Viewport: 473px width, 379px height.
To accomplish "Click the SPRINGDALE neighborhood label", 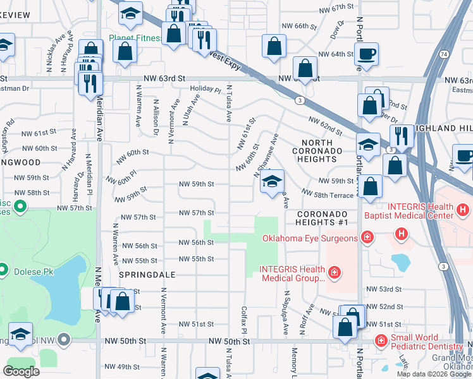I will click(146, 276).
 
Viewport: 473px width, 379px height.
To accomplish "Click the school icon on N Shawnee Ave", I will click(272, 182).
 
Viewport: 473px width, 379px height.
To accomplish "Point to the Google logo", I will click(21, 371).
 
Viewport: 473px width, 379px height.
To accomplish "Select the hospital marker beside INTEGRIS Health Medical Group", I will click(335, 273).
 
